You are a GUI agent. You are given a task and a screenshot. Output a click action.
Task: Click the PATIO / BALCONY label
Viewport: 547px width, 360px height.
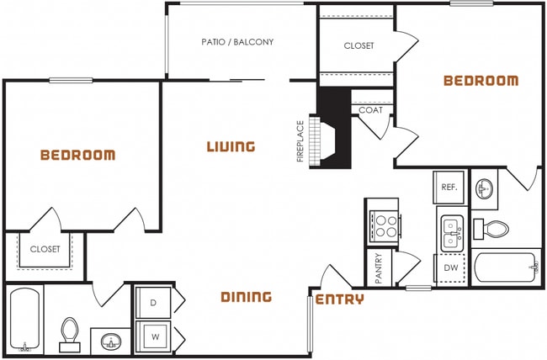point(237,41)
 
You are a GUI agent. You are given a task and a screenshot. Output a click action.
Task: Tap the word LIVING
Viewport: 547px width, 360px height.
point(231,147)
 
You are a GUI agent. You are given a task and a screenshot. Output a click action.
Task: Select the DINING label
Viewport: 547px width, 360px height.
point(246,297)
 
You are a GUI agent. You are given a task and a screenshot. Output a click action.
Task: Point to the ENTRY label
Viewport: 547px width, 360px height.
point(340,299)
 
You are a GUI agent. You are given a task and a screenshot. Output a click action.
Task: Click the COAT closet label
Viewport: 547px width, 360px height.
point(370,110)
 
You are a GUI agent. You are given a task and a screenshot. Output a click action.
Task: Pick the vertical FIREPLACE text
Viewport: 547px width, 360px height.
point(300,141)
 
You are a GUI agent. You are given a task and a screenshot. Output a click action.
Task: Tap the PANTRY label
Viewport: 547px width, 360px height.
point(379,269)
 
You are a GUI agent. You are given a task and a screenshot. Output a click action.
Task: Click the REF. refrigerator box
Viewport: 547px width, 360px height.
point(449,188)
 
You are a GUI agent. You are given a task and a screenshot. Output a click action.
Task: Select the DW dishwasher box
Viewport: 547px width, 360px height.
point(450,268)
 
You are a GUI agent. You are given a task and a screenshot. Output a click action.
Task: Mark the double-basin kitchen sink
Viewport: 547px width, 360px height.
point(452,231)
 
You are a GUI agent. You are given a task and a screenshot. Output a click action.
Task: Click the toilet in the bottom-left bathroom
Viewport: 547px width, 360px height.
point(69,335)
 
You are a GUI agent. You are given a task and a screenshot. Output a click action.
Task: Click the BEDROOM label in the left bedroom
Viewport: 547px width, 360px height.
point(77,156)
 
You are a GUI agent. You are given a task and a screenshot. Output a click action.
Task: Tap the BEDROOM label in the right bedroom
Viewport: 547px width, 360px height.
point(481,82)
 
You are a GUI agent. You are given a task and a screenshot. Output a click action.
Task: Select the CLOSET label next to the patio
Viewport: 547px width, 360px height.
point(358,46)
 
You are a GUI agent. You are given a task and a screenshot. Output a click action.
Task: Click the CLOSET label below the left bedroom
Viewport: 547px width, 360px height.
point(45,250)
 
